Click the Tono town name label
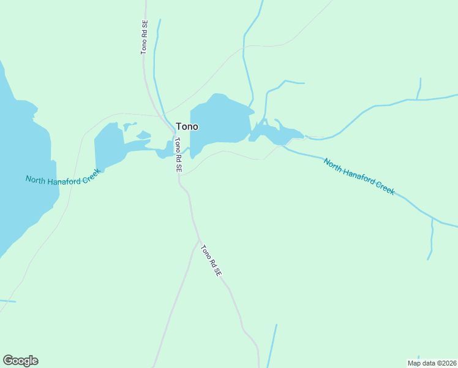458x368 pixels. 187,127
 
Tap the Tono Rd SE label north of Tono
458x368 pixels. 145,37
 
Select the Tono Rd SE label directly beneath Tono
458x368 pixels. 178,155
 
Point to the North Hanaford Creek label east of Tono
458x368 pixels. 359,177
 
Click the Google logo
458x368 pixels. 20,361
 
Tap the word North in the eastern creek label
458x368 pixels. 334,165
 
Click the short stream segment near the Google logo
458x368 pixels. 7,301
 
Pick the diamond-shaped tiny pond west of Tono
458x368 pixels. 143,134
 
